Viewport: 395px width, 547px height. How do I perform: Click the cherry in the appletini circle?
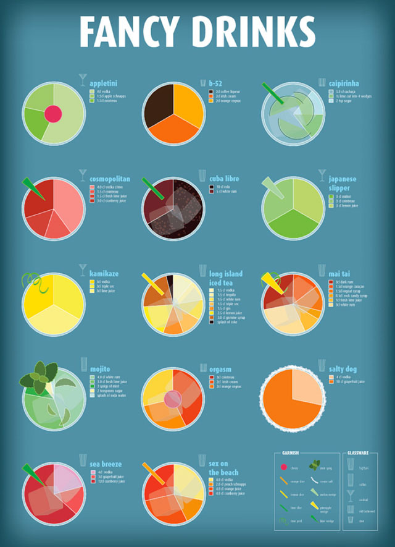pyautogui.click(x=53, y=114)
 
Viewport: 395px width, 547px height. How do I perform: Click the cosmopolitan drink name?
pyautogui.click(x=110, y=179)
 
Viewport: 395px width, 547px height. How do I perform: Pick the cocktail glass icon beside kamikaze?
pyautogui.click(x=82, y=269)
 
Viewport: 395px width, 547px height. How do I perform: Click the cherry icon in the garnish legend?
pyautogui.click(x=284, y=467)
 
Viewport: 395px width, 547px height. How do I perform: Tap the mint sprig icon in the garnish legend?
pyautogui.click(x=314, y=465)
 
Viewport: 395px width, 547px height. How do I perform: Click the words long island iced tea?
pyautogui.click(x=227, y=278)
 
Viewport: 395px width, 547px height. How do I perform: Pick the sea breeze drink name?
pyautogui.click(x=106, y=464)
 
